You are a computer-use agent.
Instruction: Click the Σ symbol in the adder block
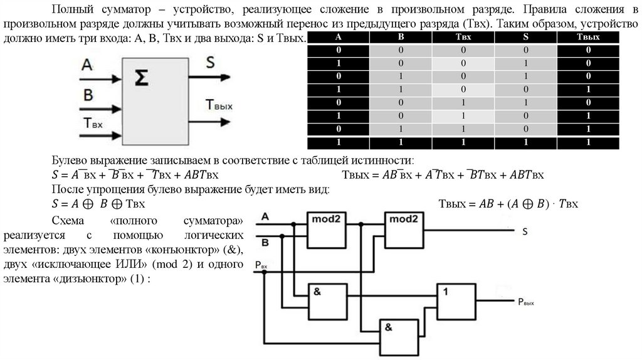(141, 78)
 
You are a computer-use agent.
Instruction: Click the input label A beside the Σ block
(87, 65)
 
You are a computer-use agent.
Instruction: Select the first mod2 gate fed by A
(327, 228)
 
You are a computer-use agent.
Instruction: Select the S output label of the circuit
(525, 231)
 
